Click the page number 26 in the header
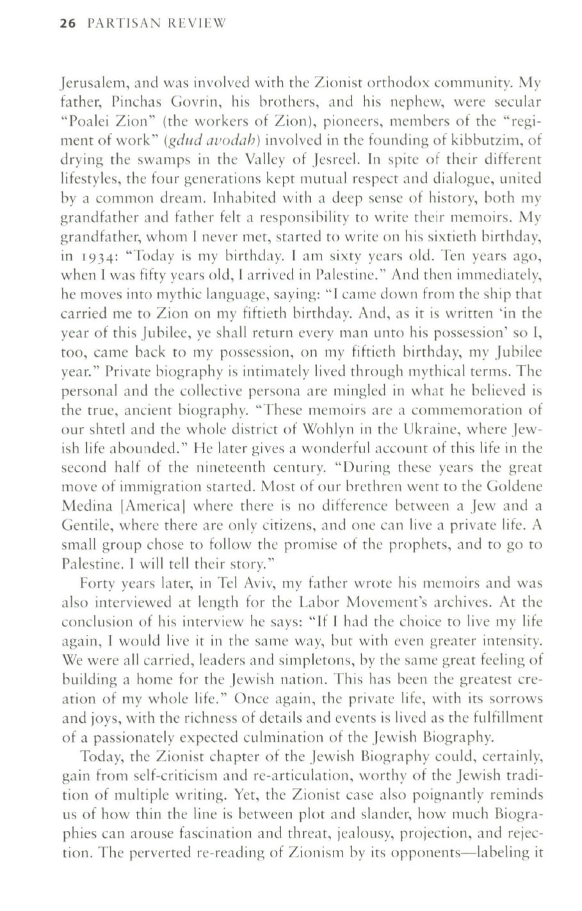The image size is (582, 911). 67,24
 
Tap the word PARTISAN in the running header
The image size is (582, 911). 116,24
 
